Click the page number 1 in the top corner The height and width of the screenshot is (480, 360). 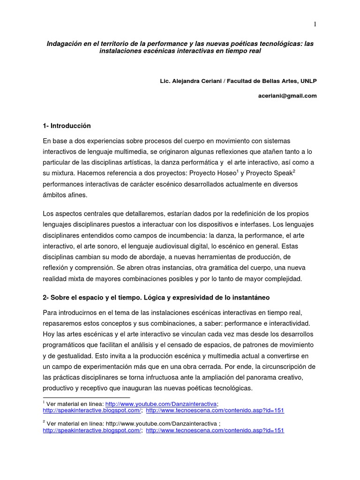pyautogui.click(x=315, y=24)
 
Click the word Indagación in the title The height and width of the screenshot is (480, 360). pyautogui.click(x=65, y=44)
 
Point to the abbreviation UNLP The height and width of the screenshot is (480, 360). pyautogui.click(x=307, y=81)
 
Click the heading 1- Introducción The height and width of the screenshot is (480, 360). pyautogui.click(x=67, y=126)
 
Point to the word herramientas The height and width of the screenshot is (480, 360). pyautogui.click(x=208, y=257)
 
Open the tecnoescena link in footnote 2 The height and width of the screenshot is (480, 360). pyautogui.click(x=215, y=430)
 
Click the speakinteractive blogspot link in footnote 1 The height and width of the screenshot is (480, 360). pyautogui.click(x=92, y=410)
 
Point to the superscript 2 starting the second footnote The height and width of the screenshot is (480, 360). pyautogui.click(x=44, y=422)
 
